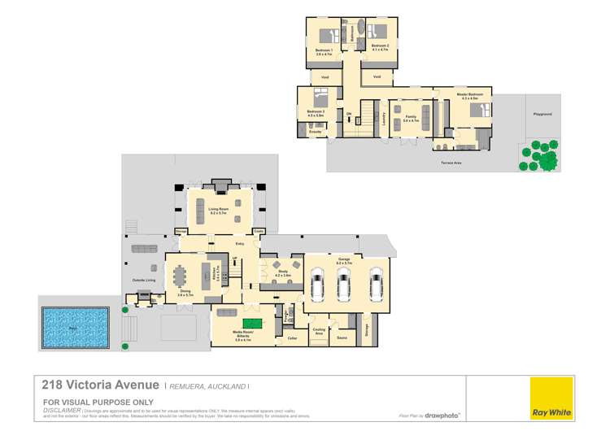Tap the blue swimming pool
pyautogui.click(x=74, y=328)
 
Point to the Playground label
pyautogui.click(x=542, y=115)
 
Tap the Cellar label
pyautogui.click(x=292, y=337)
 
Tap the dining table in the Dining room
pyautogui.click(x=180, y=276)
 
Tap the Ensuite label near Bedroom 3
pyautogui.click(x=314, y=132)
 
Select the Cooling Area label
pyautogui.click(x=319, y=333)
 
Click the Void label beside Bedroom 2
pyautogui.click(x=377, y=76)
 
